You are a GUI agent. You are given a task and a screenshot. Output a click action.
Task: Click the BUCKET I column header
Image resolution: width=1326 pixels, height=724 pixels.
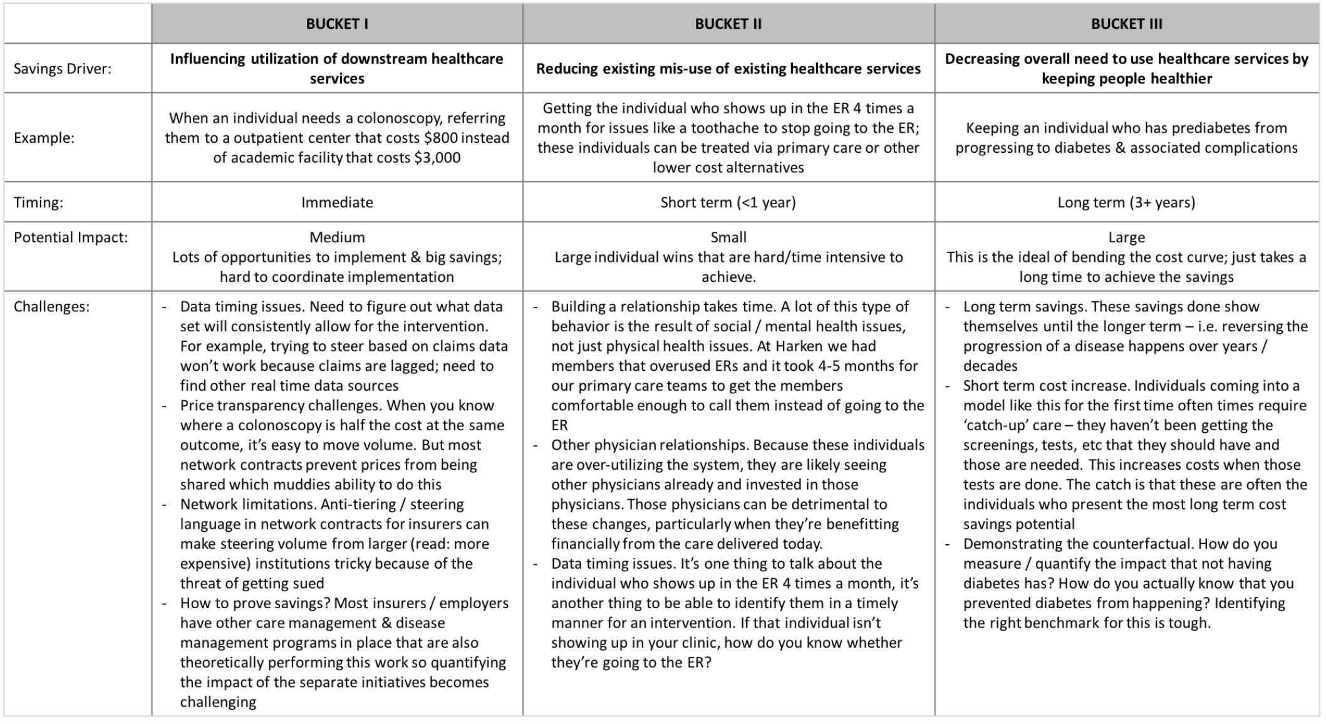337,24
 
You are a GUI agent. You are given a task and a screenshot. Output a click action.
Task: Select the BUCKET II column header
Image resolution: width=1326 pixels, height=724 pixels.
728,24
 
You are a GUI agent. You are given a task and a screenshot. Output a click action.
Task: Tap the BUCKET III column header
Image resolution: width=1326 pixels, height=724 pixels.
1126,24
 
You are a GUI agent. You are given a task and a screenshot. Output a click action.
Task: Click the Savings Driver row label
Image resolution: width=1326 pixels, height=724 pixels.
62,69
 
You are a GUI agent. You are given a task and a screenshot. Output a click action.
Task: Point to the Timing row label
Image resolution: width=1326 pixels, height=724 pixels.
38,202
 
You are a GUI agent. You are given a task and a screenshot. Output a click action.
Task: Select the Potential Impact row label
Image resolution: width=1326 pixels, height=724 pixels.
70,237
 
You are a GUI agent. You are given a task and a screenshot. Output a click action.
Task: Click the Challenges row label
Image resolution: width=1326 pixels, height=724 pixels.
51,307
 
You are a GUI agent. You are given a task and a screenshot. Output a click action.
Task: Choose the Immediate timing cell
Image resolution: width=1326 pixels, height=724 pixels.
337,202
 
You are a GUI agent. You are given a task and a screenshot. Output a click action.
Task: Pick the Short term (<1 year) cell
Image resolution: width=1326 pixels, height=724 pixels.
728,202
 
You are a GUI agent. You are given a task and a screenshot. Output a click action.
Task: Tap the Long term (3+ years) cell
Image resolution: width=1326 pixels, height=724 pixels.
1126,202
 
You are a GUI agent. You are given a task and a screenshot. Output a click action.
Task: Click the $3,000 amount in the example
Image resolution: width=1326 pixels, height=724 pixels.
437,158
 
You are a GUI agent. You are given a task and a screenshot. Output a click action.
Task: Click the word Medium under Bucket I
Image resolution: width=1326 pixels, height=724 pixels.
337,237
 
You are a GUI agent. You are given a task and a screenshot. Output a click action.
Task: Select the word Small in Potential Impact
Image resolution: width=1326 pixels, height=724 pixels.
728,237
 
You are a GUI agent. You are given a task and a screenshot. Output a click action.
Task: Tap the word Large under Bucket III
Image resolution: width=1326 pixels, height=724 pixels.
1126,237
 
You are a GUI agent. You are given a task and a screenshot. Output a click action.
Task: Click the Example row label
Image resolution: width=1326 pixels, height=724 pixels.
44,138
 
